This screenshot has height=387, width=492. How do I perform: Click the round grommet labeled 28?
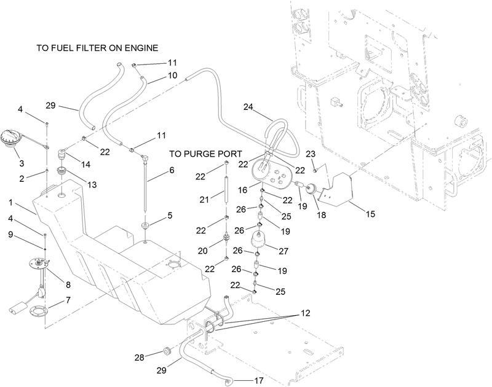167,353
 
